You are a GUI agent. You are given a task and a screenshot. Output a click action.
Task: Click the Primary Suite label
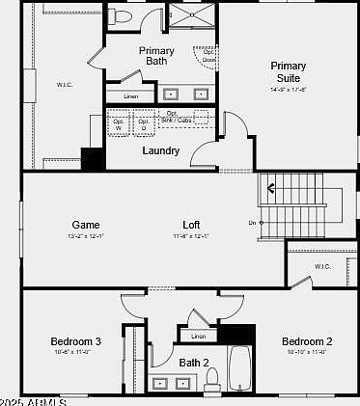(288, 71)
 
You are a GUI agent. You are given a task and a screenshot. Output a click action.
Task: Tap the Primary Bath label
(156, 56)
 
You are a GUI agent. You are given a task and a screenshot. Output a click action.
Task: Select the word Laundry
(160, 150)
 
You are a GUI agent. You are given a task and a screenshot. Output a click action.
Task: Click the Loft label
(191, 225)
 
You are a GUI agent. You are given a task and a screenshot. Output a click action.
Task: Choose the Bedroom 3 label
(76, 341)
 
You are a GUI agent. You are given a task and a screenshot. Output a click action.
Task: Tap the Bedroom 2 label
(307, 341)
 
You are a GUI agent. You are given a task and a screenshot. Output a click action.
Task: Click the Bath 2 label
(194, 363)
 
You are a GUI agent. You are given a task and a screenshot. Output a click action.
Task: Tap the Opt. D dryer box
(144, 123)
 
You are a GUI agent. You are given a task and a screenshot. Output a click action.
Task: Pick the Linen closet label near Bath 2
(198, 336)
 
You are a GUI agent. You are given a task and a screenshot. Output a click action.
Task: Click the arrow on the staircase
(273, 187)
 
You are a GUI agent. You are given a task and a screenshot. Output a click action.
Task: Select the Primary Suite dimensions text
(288, 90)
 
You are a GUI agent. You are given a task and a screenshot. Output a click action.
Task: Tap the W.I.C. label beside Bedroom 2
(322, 267)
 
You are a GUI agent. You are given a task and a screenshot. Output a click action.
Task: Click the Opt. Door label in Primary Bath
(208, 55)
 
